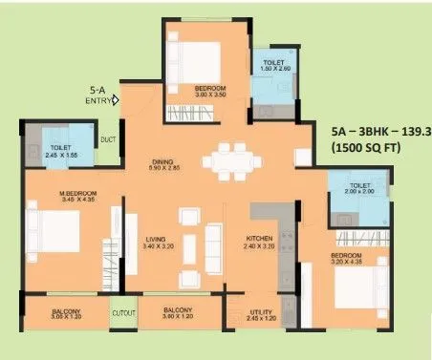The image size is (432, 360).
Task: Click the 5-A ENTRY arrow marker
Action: tap(116, 97)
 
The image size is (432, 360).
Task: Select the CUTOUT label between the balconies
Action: tap(123, 312)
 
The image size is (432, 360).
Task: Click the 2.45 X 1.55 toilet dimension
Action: tap(58, 155)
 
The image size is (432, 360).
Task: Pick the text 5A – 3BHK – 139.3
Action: tap(379, 131)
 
